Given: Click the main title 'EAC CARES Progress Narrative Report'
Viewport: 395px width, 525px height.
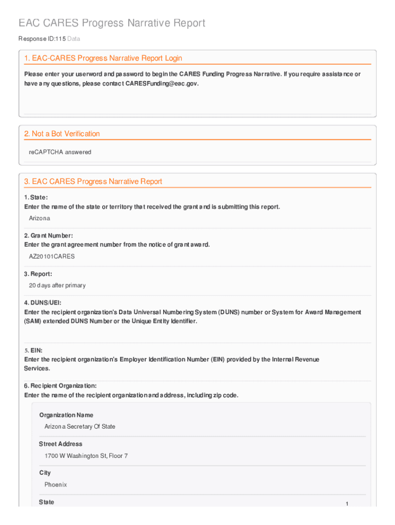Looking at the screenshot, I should point(112,23).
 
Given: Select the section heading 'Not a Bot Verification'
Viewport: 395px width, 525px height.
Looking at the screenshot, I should point(62,134).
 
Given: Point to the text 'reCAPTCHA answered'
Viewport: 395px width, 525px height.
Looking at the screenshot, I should point(60,152).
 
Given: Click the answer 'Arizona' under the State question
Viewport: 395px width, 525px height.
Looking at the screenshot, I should point(39,218).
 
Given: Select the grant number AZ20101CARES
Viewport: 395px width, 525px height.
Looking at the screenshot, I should point(52,256).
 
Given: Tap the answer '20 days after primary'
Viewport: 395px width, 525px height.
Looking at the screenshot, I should point(57,285).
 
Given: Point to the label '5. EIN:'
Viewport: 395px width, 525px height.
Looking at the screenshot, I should point(33,350).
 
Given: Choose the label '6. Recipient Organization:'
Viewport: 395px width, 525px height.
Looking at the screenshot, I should point(60,386).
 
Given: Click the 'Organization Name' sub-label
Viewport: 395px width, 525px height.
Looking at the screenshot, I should point(66,415).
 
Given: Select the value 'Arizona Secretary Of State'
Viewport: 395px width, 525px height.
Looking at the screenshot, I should point(80,427).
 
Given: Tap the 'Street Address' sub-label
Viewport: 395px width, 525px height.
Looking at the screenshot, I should point(61,444).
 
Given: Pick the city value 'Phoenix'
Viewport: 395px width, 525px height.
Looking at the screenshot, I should point(56,484).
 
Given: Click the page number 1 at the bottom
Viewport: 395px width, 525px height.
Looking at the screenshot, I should point(347,504).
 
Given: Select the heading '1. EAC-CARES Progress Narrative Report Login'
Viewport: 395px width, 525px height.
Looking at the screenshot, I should point(103,58).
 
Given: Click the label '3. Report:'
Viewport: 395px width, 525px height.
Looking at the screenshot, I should point(38,274).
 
